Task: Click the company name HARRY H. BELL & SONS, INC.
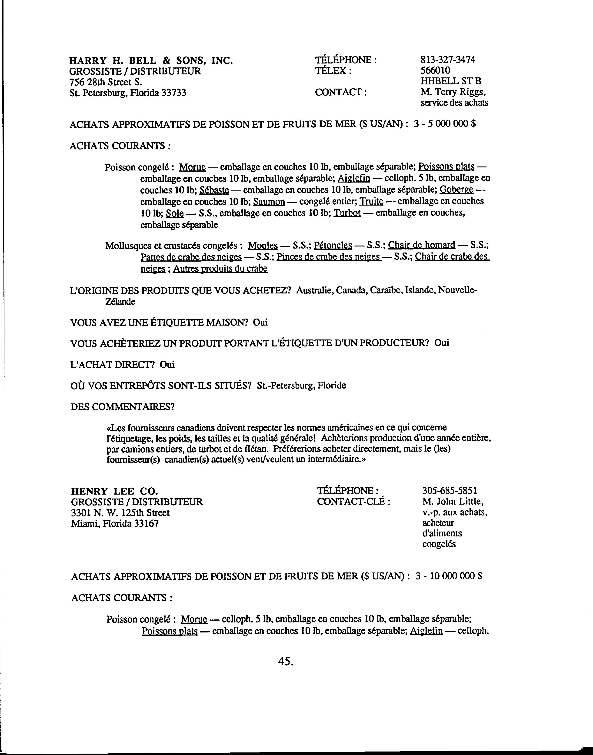pyautogui.click(x=151, y=61)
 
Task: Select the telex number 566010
pyautogui.click(x=435, y=70)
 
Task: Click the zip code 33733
pyautogui.click(x=174, y=93)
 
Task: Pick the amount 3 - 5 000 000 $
pyautogui.click(x=444, y=124)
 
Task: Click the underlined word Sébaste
pyautogui.click(x=214, y=190)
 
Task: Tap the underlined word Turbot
pyautogui.click(x=347, y=213)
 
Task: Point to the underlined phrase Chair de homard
pyautogui.click(x=421, y=245)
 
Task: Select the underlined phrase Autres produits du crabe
pyautogui.click(x=220, y=269)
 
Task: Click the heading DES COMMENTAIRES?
pyautogui.click(x=123, y=406)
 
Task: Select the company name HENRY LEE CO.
pyautogui.click(x=115, y=491)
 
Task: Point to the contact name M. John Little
pyautogui.click(x=453, y=502)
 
